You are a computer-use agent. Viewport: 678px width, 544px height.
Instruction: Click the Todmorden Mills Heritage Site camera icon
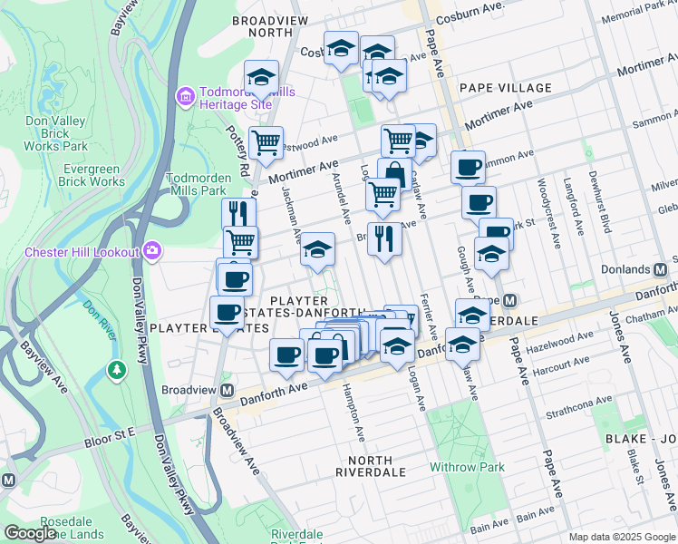click(186, 95)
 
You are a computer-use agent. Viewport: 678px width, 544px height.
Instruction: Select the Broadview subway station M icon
click(228, 389)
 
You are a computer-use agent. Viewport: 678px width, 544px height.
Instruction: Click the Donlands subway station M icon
click(662, 269)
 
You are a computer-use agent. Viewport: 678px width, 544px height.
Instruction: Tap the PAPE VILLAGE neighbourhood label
click(505, 88)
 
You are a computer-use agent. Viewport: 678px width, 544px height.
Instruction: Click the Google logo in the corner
click(30, 532)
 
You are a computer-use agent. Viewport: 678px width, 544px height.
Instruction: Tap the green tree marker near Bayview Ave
click(116, 369)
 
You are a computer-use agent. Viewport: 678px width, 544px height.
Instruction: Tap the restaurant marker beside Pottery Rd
click(239, 214)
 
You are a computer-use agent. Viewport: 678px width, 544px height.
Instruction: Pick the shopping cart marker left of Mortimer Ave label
click(266, 142)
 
